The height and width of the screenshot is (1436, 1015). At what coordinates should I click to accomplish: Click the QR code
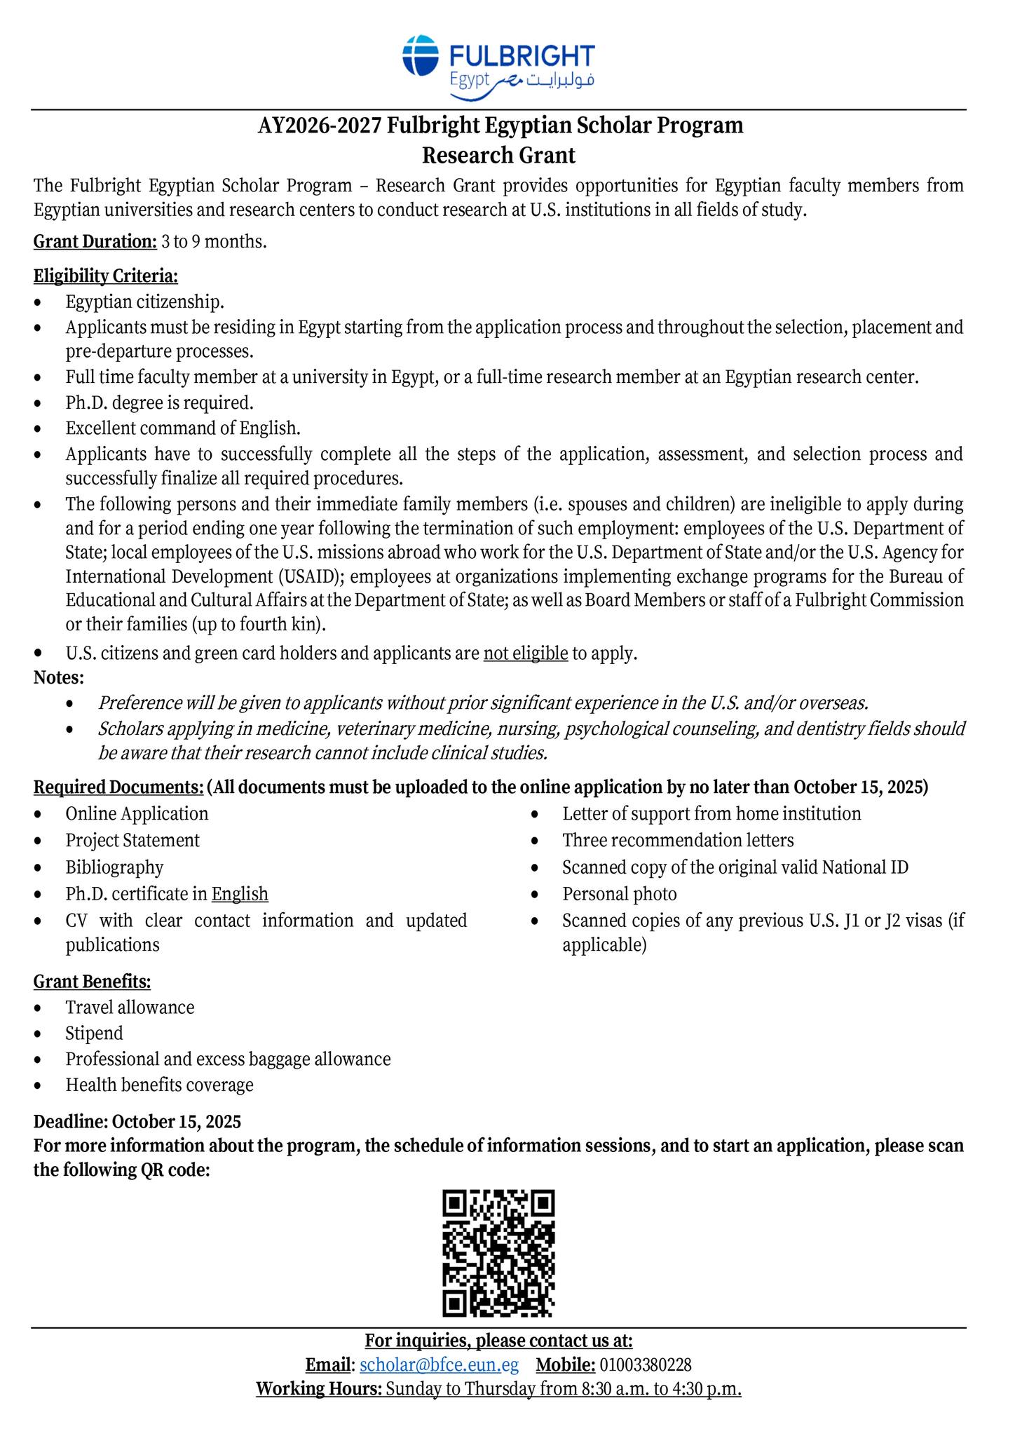[x=498, y=1252]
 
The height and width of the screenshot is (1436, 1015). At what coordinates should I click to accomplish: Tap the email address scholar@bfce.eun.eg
[x=439, y=1364]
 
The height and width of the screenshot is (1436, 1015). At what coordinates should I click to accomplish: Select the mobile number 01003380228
[x=646, y=1364]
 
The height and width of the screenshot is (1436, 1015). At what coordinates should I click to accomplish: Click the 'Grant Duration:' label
[x=95, y=243]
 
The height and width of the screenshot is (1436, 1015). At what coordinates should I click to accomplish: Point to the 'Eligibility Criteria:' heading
[x=106, y=276]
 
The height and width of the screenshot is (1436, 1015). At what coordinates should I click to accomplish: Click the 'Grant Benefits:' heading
[x=93, y=982]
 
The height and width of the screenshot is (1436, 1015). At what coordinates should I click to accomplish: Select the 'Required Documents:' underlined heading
[x=118, y=787]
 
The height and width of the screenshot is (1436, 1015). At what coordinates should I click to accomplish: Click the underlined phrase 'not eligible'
[x=525, y=653]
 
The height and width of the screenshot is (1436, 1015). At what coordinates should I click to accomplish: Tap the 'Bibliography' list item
[x=114, y=867]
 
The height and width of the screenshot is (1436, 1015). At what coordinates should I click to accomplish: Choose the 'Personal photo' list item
[x=619, y=894]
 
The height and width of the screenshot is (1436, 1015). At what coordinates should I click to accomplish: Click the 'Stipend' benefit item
[x=94, y=1034]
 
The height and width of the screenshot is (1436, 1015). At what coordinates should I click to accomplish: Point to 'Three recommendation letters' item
[x=678, y=840]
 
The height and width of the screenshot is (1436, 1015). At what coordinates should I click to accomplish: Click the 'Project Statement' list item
[x=132, y=840]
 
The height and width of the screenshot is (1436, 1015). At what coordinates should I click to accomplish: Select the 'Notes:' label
[x=59, y=678]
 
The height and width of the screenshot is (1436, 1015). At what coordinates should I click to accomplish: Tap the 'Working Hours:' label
[x=319, y=1388]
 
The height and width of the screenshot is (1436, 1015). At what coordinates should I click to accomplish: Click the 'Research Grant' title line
[x=498, y=155]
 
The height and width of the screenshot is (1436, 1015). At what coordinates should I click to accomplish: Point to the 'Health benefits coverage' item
[x=159, y=1085]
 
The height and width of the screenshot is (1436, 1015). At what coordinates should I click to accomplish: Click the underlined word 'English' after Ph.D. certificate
[x=240, y=894]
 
